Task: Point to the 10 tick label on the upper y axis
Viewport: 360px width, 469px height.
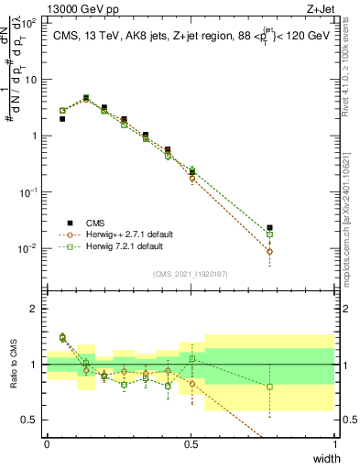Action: (29, 79)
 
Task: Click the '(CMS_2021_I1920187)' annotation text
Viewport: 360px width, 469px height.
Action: (191, 272)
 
